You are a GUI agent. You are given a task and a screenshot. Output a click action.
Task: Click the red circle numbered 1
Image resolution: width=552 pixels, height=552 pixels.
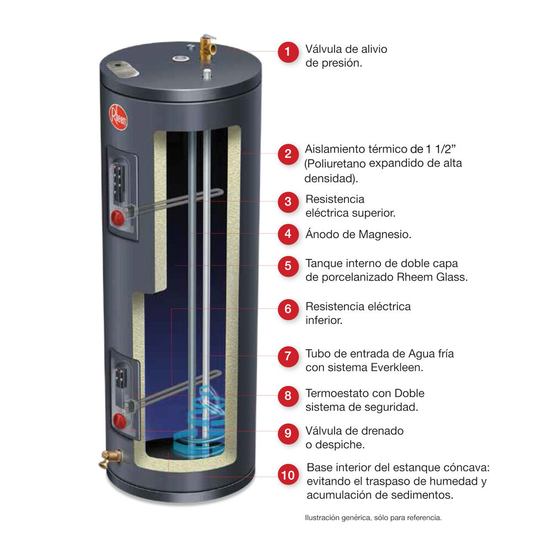288,53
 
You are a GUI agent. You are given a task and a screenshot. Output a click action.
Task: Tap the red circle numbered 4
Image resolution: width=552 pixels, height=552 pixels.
288,234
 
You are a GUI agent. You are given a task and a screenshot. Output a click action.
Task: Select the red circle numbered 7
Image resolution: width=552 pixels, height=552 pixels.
288,356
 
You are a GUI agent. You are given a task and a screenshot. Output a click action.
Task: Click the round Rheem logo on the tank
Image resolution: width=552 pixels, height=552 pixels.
118,117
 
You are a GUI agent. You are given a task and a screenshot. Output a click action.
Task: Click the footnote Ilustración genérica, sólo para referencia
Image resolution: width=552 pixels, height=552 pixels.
373,518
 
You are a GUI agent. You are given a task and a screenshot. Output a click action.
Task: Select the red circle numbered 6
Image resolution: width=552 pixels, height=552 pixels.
288,309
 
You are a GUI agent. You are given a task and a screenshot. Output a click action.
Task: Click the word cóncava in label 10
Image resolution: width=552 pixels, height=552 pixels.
470,468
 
